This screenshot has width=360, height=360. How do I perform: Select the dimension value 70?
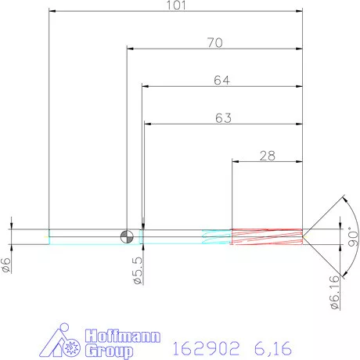tap(214, 42)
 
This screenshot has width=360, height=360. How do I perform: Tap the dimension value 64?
tap(222, 80)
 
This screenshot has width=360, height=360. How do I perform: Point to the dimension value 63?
tap(223, 118)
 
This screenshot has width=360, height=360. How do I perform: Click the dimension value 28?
tap(268, 155)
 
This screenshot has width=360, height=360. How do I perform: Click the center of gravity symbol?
tap(127, 236)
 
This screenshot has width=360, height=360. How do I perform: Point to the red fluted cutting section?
tap(266, 236)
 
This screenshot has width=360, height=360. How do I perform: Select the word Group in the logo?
tap(106, 351)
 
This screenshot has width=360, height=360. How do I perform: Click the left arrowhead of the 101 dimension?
tap(52, 12)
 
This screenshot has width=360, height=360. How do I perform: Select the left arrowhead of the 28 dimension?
tap(236, 161)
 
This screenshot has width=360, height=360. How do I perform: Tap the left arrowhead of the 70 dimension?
tap(131, 49)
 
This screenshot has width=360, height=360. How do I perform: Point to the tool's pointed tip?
tap(305, 236)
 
